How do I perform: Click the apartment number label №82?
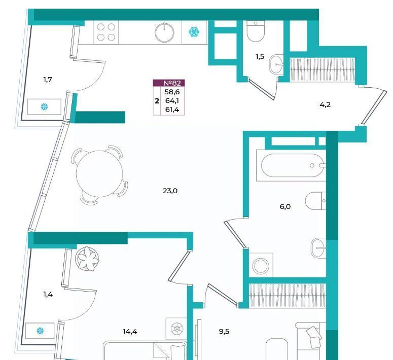(172, 83)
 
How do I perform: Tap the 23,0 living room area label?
(170, 191)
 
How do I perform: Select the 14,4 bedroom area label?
(130, 332)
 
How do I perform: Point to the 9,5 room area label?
(224, 332)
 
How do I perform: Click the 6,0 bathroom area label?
(285, 206)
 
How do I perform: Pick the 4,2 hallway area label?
(325, 105)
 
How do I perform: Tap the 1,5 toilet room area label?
(260, 57)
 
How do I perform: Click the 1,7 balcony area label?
(48, 80)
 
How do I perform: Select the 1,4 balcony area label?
(48, 294)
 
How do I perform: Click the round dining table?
(99, 174)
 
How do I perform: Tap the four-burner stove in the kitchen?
(106, 32)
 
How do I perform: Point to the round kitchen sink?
(164, 32)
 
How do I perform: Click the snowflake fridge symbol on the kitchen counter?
(194, 32)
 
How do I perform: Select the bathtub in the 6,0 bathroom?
(291, 165)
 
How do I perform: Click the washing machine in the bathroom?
(261, 265)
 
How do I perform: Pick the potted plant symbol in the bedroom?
(88, 259)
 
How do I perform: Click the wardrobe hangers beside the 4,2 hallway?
(323, 70)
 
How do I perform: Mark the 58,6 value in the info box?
(172, 92)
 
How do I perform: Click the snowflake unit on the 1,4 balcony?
(40, 331)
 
